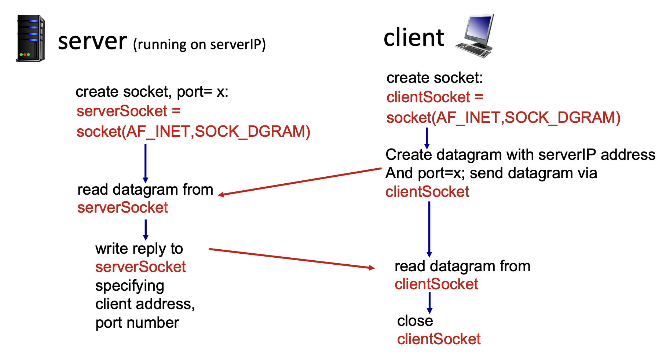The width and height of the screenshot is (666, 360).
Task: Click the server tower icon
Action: (x=31, y=38)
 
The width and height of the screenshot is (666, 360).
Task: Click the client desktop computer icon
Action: (x=475, y=36)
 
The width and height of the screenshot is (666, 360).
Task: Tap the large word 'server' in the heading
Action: (x=92, y=41)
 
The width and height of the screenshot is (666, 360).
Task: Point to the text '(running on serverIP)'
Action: (x=200, y=45)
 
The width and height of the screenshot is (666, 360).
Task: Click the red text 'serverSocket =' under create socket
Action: (x=128, y=111)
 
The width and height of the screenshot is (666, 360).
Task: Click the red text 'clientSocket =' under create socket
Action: (x=435, y=97)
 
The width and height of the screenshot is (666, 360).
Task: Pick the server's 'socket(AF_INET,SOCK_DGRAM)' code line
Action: (x=193, y=132)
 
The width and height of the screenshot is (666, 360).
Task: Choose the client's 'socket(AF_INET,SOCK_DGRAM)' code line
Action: (x=503, y=118)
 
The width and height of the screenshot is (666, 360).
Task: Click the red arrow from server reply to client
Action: (x=292, y=258)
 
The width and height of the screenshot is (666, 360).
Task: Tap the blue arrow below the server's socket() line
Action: (x=146, y=163)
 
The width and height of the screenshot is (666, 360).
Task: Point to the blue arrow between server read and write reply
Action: (x=146, y=229)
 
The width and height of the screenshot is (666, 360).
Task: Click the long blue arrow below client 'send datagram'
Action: (x=429, y=229)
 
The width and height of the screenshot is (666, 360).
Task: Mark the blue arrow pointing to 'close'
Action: (x=429, y=303)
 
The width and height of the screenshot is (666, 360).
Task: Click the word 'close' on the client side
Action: (x=415, y=321)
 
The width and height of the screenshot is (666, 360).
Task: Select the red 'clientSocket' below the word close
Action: (x=439, y=339)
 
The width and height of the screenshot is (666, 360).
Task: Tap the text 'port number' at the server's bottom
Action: (x=137, y=323)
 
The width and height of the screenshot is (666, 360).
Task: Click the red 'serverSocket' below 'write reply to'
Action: (x=140, y=267)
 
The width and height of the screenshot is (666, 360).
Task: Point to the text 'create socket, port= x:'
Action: (x=152, y=92)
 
